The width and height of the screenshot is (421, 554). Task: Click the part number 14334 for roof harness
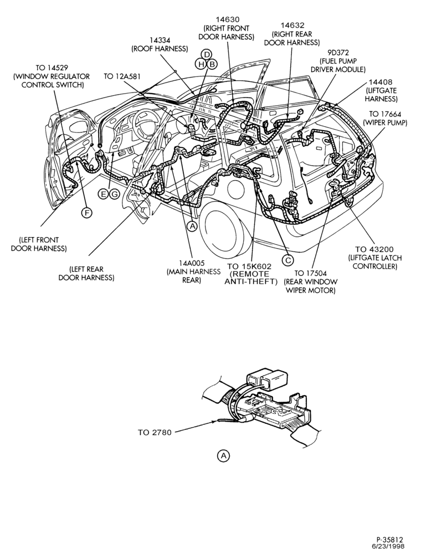(x=160, y=40)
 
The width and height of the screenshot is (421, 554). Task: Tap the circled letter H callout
(x=202, y=64)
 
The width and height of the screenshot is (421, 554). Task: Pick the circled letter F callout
(x=86, y=212)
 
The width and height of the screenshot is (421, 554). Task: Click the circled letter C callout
(x=288, y=260)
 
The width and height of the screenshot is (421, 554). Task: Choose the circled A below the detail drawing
(x=223, y=455)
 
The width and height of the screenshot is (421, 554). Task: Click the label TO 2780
(x=155, y=432)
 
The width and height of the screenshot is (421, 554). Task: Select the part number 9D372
(x=338, y=53)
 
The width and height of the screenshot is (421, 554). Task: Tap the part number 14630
(x=228, y=20)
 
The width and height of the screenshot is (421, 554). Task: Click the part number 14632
(x=292, y=25)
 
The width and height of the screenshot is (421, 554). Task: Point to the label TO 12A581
(x=122, y=76)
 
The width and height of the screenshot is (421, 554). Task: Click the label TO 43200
(x=374, y=249)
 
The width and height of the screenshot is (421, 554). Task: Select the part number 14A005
(x=192, y=263)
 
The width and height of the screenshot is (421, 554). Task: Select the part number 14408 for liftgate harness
(x=381, y=83)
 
